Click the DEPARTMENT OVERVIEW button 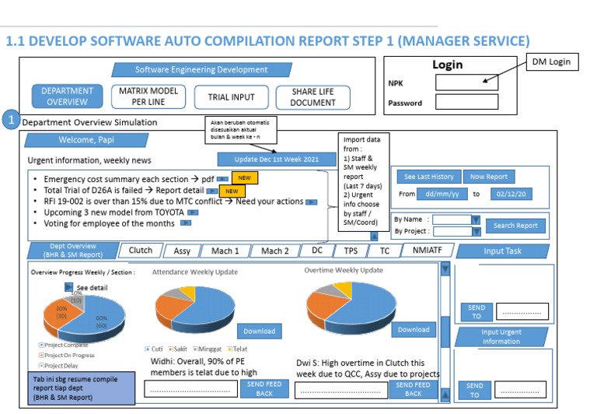coord(68,96)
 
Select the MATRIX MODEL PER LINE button coord(148,96)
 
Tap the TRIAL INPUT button coord(231,97)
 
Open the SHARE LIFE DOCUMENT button coord(314,96)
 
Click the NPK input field coord(466,82)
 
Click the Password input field coord(466,102)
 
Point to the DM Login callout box coord(554,62)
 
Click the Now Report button coord(489,177)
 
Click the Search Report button coord(515,226)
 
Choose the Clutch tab coord(141,251)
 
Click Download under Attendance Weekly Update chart coord(260,330)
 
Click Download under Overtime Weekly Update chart coord(414,329)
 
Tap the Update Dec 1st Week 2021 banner coord(267,159)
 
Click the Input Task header coord(504,251)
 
